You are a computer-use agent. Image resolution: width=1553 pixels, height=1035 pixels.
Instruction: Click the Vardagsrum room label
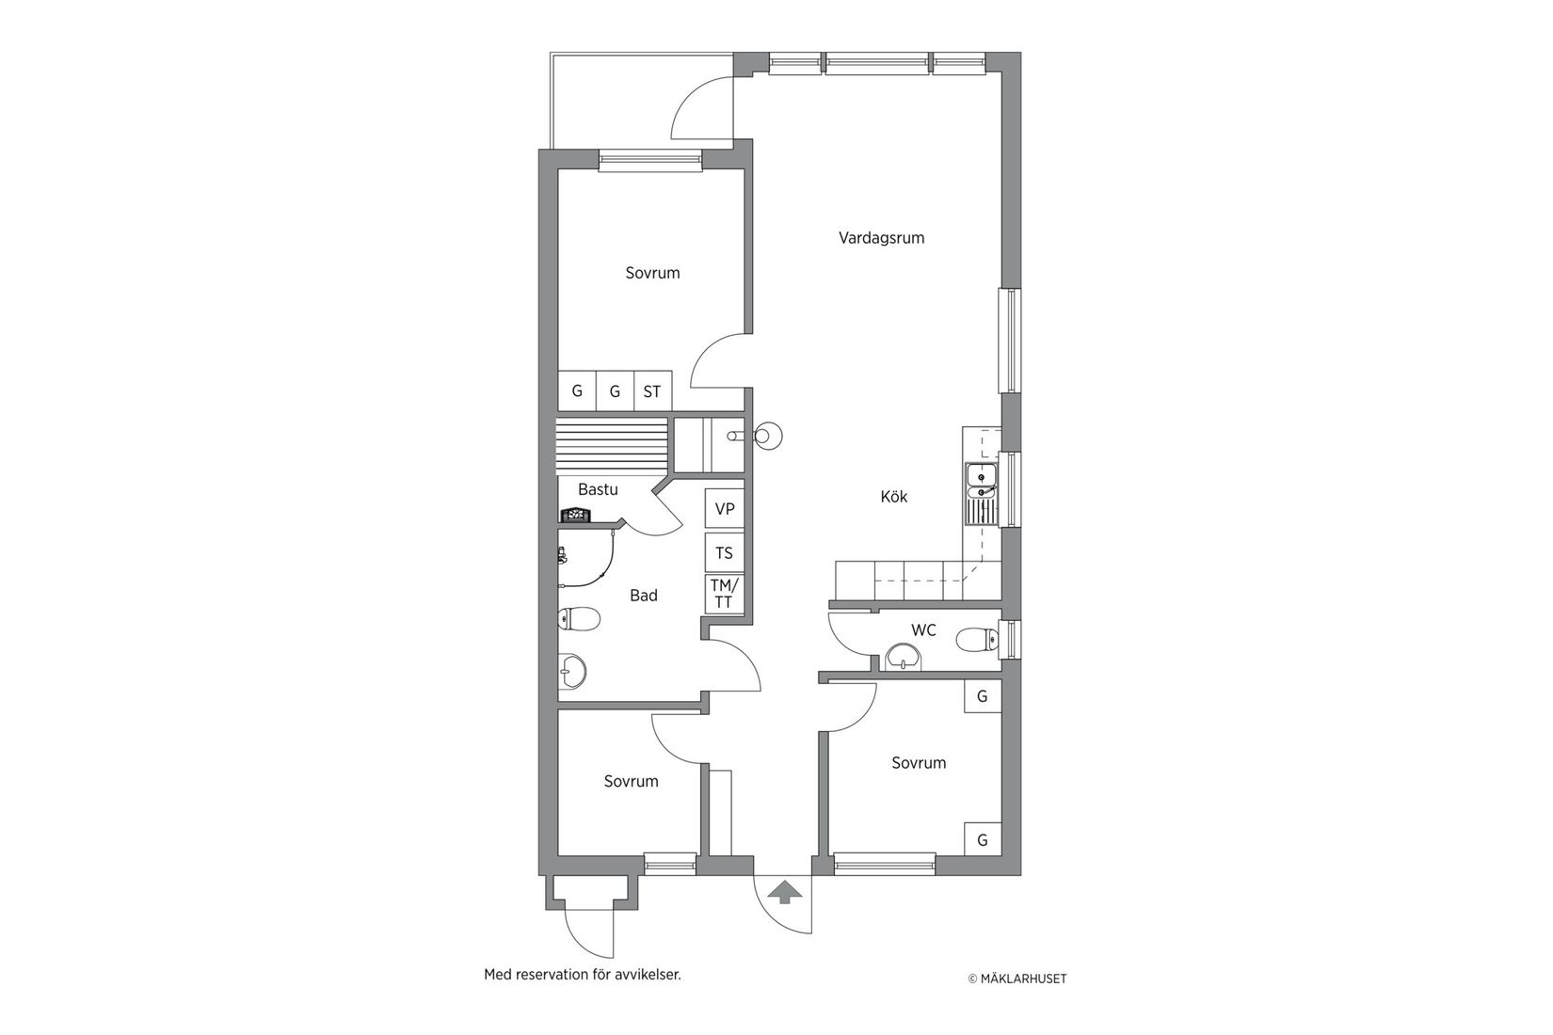click(x=881, y=238)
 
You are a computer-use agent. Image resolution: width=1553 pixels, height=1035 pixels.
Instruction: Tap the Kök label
click(x=893, y=497)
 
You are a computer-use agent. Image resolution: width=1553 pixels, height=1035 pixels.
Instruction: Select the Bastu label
click(x=598, y=489)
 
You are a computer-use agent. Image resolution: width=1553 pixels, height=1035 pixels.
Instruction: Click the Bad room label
click(x=644, y=596)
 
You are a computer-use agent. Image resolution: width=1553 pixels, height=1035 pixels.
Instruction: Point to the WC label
click(x=923, y=630)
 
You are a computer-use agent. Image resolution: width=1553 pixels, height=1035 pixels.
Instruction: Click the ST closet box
click(x=652, y=391)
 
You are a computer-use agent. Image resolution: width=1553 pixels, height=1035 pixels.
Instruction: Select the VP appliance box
click(x=725, y=509)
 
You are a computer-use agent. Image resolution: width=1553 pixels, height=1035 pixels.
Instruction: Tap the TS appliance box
click(x=725, y=553)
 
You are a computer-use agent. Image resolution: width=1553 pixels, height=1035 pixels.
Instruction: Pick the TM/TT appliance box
click(x=725, y=595)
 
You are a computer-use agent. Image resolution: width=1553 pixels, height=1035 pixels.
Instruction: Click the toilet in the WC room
click(x=975, y=641)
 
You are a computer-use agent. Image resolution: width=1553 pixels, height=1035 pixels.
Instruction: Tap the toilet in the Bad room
click(x=579, y=618)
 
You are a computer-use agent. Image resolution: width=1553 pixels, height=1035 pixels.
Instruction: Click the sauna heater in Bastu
click(x=573, y=515)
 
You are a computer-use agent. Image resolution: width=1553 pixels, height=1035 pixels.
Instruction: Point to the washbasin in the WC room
click(x=903, y=656)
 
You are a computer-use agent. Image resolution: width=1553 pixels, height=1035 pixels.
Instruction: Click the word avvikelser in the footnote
click(x=648, y=975)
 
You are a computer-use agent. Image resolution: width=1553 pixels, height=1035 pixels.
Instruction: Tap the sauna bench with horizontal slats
click(x=611, y=448)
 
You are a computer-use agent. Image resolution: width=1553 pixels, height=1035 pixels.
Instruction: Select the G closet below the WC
click(x=982, y=697)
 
